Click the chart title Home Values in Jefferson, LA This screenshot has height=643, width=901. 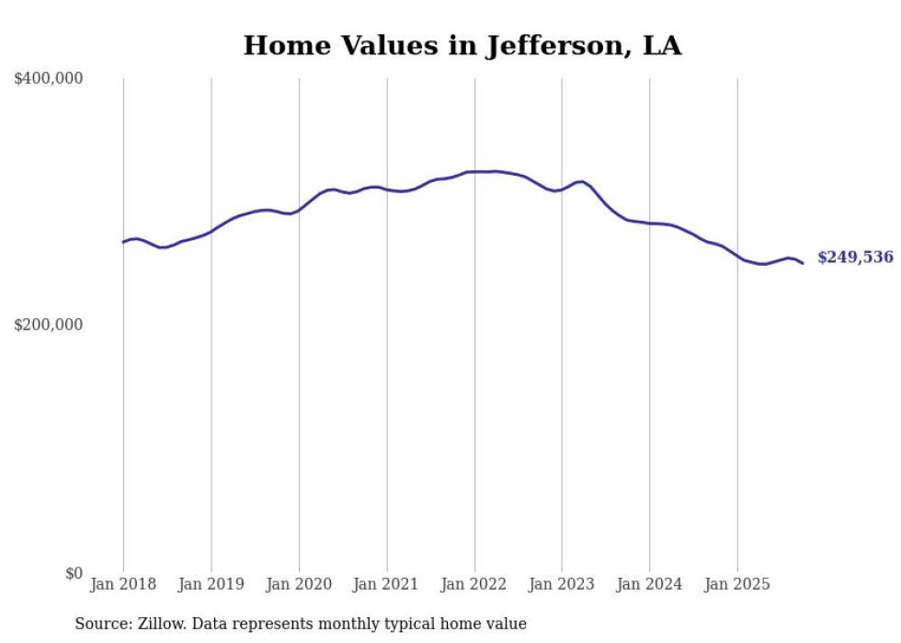pos(462,46)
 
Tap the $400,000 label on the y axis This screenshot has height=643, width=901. pos(49,79)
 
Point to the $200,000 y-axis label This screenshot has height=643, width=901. pos(49,325)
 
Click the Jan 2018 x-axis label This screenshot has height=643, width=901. pos(123,584)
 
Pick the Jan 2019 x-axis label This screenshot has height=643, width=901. pos(211,584)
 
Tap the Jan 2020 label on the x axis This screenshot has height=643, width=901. pos(299,584)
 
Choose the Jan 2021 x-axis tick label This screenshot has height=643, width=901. pos(387,584)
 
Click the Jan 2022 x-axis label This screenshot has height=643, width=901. pos(474,584)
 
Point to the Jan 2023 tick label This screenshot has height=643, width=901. pos(562,584)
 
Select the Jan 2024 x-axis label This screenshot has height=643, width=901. pos(650,584)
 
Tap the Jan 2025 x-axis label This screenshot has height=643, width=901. pos(737,584)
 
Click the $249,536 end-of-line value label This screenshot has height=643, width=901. pos(855,258)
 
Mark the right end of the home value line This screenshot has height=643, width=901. pos(803,263)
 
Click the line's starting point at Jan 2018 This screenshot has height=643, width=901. pos(123,242)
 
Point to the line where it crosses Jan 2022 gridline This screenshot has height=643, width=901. pos(474,171)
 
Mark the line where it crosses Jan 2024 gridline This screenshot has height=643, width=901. pos(650,223)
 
